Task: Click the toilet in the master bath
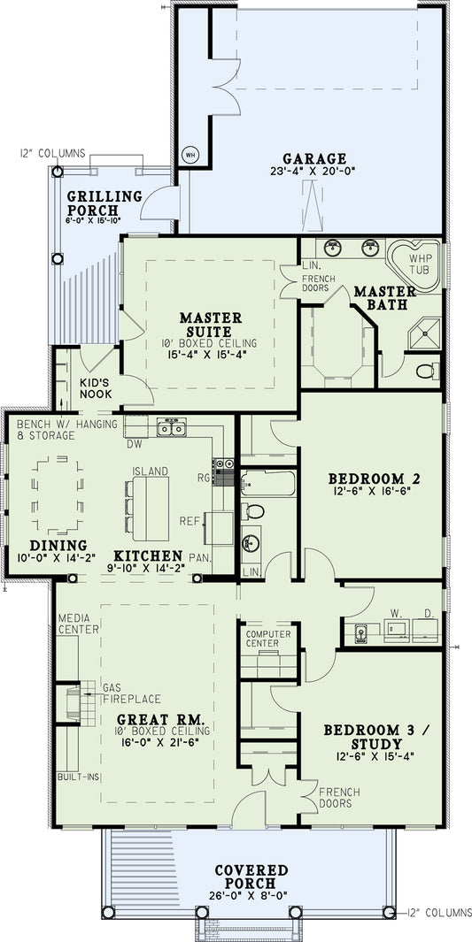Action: tap(426, 368)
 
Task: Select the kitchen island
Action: tap(150, 509)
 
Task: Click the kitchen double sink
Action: tap(171, 429)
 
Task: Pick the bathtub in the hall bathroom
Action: tap(268, 483)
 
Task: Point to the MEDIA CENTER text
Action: tap(79, 624)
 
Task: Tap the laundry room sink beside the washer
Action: tap(361, 632)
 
